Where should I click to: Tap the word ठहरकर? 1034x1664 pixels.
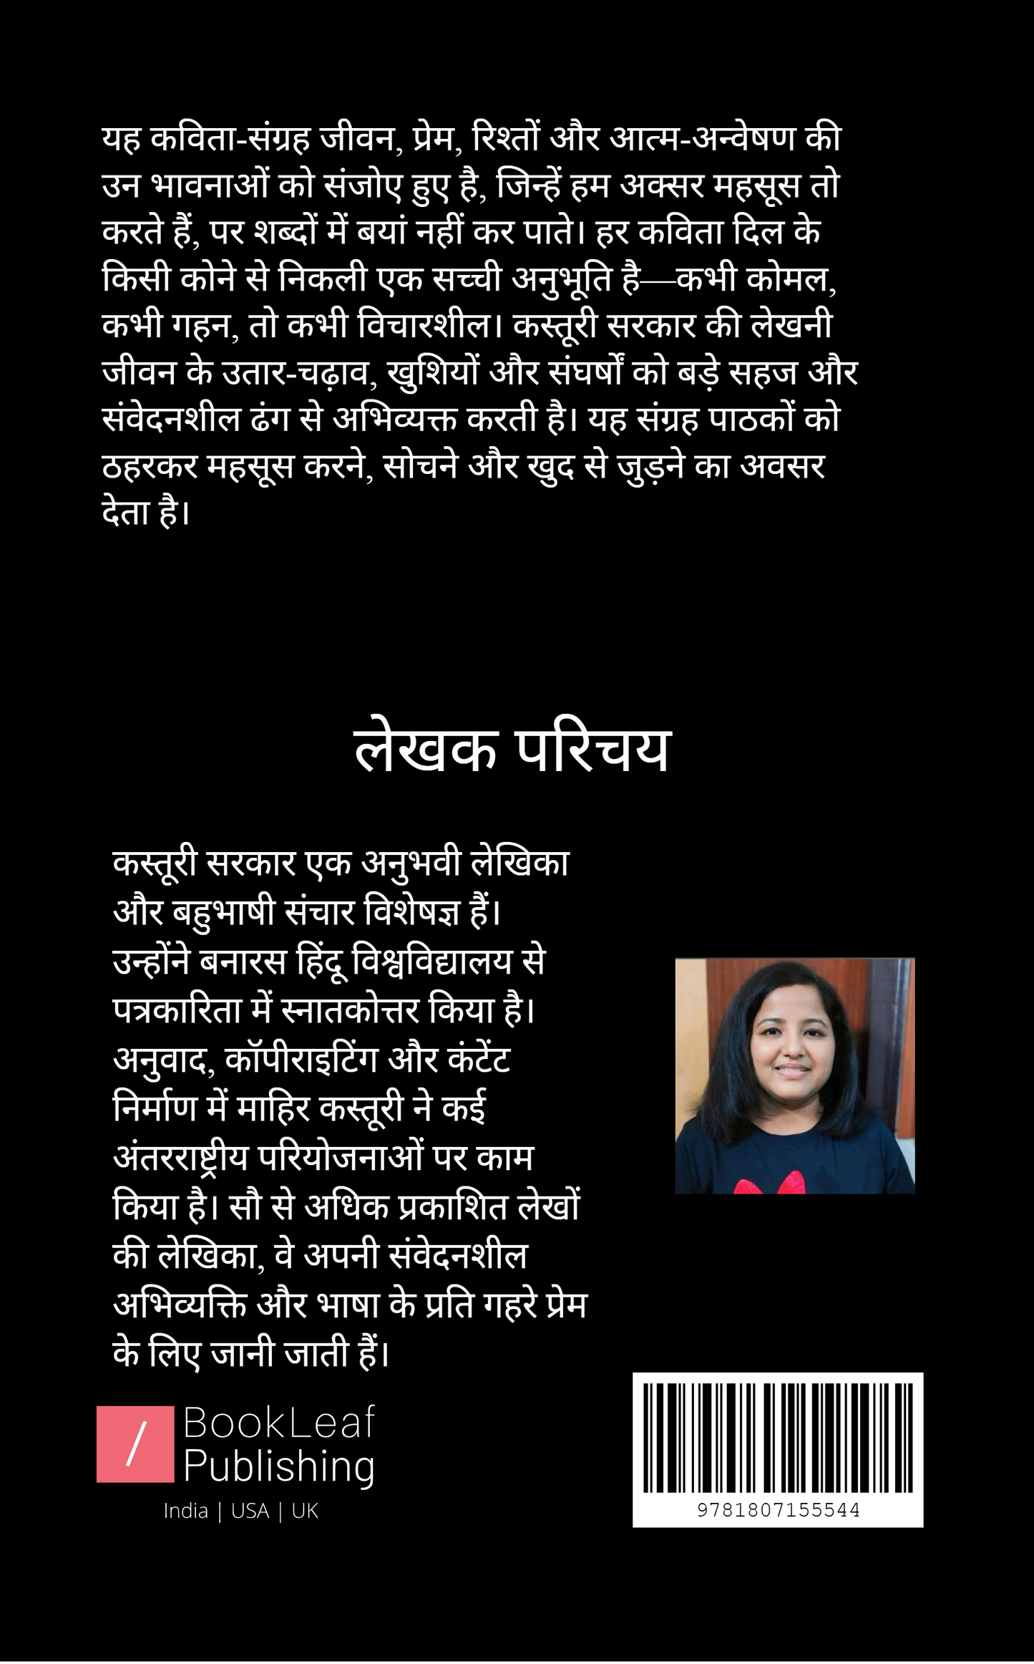point(150,466)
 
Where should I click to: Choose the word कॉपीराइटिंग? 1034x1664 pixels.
point(301,1060)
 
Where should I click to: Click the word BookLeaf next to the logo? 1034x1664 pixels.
point(279,1422)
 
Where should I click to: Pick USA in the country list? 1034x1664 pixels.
point(250,1511)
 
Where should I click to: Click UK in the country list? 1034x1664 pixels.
point(305,1511)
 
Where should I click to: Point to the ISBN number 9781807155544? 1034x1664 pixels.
point(778,1510)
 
